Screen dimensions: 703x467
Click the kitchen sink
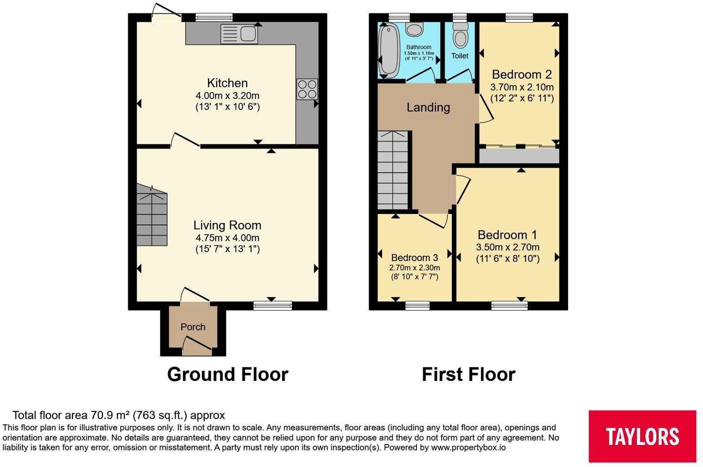239,34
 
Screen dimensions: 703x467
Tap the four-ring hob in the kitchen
307,89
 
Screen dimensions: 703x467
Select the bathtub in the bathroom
389,52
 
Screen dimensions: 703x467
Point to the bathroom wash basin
414,29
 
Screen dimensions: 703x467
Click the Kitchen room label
228,83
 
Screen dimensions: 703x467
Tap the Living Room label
227,225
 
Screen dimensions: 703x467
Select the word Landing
429,107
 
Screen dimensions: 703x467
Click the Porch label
193,327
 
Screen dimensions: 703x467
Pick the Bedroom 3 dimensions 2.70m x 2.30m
415,268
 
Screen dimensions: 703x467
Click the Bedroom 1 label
508,235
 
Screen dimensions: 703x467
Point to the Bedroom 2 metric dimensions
522,87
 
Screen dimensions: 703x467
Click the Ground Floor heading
228,374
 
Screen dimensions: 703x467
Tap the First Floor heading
469,374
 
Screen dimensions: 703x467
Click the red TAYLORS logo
642,436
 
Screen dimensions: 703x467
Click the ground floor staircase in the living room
152,215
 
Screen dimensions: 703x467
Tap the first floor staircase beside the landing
393,170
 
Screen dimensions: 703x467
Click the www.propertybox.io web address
469,448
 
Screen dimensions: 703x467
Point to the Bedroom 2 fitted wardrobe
519,156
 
